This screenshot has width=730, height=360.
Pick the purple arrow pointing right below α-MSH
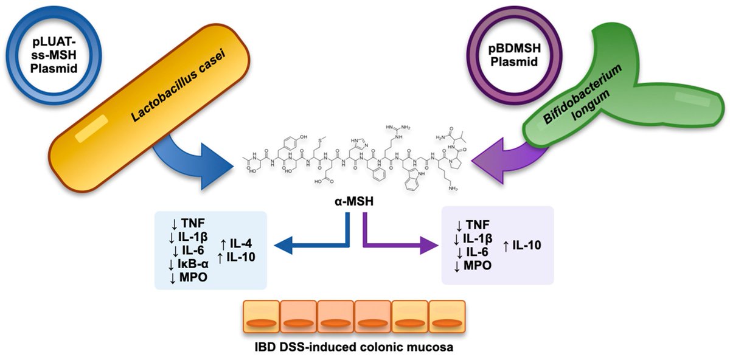[x=401, y=245]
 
